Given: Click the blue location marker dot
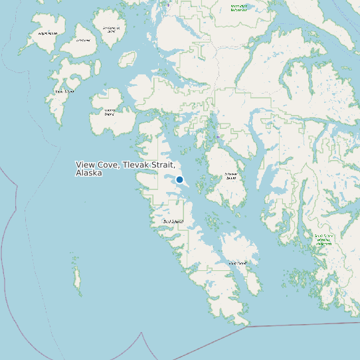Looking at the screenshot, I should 179,179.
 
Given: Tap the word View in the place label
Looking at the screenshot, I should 85,165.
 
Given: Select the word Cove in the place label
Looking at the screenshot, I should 108,165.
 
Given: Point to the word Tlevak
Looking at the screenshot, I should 137,165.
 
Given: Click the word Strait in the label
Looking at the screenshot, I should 163,165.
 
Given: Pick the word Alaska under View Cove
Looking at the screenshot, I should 89,173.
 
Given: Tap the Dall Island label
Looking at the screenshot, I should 173,221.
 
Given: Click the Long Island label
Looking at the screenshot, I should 238,263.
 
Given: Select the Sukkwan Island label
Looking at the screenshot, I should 230,177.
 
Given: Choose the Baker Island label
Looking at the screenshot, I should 64,92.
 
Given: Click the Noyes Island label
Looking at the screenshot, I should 47,33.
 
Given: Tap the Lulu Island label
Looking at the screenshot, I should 83,40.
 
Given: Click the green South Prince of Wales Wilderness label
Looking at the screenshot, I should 323,240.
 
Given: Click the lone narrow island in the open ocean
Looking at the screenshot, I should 77,278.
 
